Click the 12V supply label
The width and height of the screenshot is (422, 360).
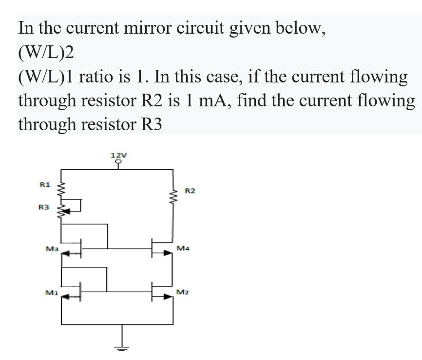tap(119, 156)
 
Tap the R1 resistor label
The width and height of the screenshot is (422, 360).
tap(44, 184)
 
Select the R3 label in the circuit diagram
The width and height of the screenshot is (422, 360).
tap(44, 207)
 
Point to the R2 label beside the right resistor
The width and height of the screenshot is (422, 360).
tap(190, 191)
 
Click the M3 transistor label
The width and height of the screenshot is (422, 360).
tap(51, 249)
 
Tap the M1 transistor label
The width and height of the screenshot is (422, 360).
tap(51, 292)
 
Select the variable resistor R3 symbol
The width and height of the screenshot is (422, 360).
tap(62, 210)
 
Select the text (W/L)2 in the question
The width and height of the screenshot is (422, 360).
tap(45, 52)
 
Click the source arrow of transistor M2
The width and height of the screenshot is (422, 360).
tap(167, 296)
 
